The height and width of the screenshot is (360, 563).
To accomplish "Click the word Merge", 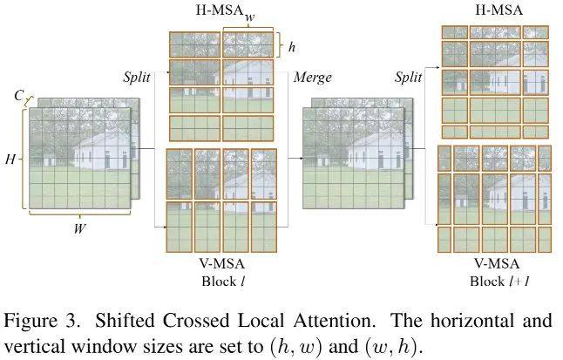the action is point(312,78).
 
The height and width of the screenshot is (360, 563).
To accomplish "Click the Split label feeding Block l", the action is point(137,77).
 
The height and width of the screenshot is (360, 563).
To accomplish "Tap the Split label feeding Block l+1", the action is point(408,77).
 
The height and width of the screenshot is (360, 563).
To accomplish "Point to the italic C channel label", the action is point(18,96).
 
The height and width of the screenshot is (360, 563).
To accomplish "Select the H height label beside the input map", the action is point(10,159).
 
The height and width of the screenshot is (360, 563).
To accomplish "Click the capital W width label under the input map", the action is point(79,228).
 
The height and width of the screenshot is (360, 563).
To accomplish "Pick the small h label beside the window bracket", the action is point(292,47).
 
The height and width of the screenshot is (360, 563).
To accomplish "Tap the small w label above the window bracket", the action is point(250,17).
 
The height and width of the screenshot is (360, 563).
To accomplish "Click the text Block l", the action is point(223,281).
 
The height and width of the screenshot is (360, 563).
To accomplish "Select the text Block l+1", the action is point(499,281).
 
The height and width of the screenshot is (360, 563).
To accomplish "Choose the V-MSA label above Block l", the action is point(222,264).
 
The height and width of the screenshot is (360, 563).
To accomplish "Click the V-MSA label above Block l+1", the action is point(497,264).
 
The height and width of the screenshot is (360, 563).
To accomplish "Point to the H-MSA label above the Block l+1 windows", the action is point(499,10).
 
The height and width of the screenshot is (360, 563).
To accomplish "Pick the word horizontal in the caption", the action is point(471,321).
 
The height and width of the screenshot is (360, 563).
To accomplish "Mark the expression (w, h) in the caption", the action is point(391,347).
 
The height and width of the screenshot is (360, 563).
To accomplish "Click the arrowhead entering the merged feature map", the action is point(302,158).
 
